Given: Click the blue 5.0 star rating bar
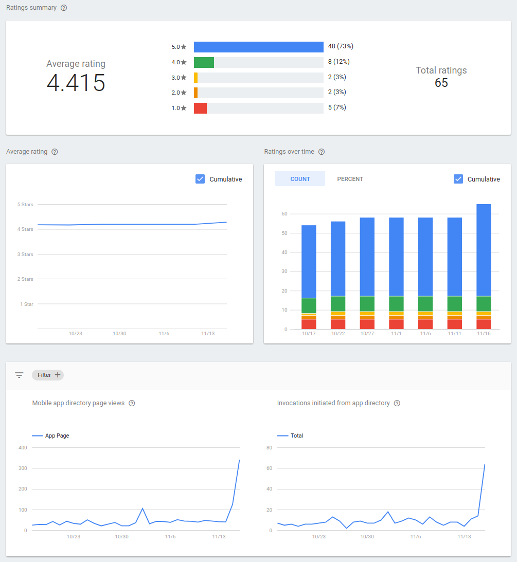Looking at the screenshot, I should pos(258,47).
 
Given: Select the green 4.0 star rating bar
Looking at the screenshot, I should pos(204,62).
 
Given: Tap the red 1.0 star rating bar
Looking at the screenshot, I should pos(200,108).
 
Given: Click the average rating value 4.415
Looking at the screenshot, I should pos(76,83).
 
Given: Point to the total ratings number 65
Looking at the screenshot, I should pos(441,83).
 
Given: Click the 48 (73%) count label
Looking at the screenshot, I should pos(341,46).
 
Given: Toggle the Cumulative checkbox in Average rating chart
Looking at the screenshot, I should pos(200,179).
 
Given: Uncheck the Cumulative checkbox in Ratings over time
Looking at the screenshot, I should pos(458,179).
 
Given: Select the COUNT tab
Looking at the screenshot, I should pos(300,179).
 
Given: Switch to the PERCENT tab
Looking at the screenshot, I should pos(350,179).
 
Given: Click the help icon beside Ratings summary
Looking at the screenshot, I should pos(64,8).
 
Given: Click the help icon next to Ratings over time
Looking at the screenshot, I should pos(322,152).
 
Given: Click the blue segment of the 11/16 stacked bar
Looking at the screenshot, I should pos(484,250).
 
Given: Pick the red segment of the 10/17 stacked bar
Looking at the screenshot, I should pos(309,324).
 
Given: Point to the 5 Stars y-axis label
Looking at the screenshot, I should pos(25,205).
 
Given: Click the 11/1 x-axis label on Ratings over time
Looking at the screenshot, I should pos(396,334).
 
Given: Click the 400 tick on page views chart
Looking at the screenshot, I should pos(23,448).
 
